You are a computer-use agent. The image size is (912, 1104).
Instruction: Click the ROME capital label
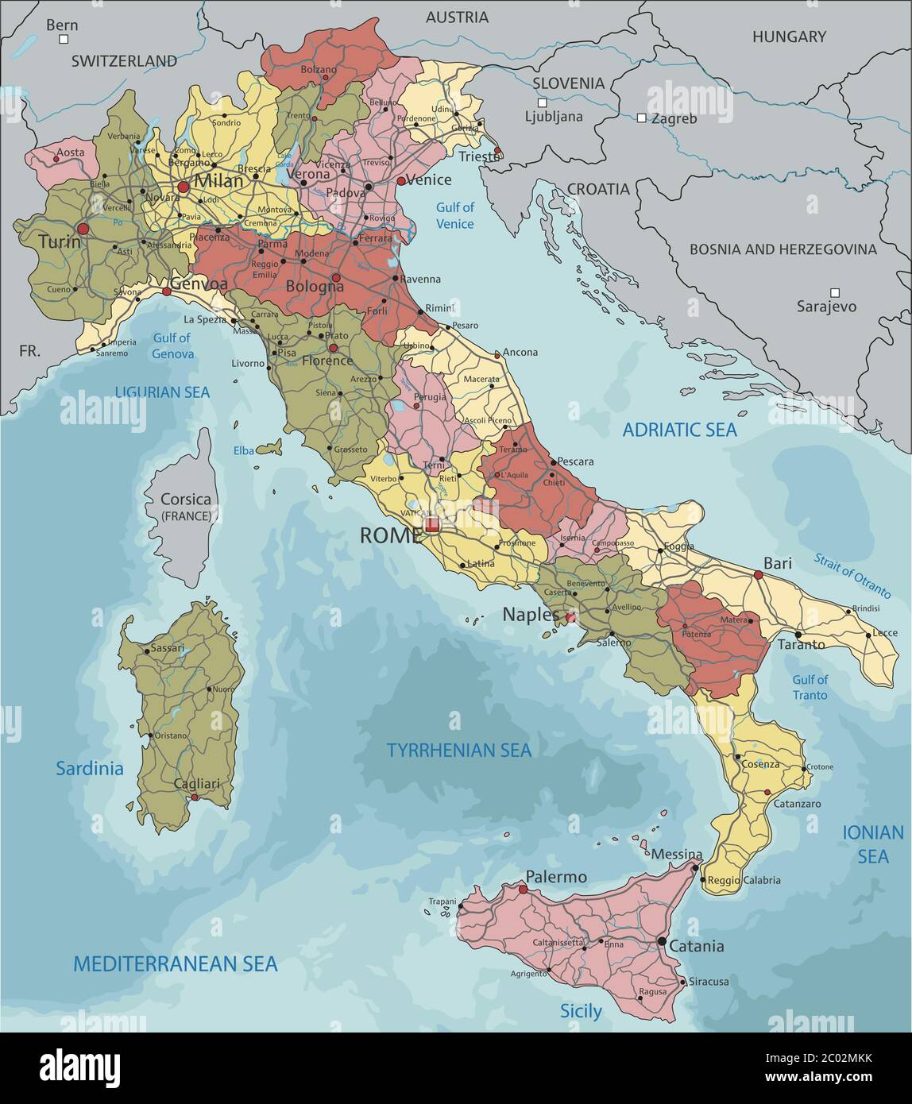(x=390, y=535)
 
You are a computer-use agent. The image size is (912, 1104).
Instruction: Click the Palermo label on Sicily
(x=556, y=877)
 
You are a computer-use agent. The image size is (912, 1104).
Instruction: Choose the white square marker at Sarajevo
(x=834, y=292)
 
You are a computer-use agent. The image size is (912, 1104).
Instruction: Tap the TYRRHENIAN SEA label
(x=458, y=750)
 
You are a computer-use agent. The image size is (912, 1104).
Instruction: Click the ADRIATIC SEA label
(x=679, y=430)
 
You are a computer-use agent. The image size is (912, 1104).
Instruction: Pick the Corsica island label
(x=186, y=500)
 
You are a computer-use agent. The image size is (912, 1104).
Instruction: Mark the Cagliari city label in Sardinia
(x=196, y=784)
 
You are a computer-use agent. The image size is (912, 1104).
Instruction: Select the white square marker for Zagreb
(x=641, y=118)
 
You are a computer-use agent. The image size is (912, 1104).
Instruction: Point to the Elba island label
(x=243, y=450)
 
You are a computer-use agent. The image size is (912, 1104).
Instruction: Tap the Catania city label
(x=696, y=946)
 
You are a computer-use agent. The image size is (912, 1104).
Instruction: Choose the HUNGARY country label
(x=789, y=37)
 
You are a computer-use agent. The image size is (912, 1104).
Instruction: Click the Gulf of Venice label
(x=454, y=215)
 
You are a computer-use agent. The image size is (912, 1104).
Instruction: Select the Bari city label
(x=778, y=563)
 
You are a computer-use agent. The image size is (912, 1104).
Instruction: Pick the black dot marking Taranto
(x=797, y=635)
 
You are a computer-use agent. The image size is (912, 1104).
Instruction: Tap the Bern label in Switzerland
(x=62, y=25)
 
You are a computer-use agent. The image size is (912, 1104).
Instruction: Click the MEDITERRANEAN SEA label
(x=176, y=963)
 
